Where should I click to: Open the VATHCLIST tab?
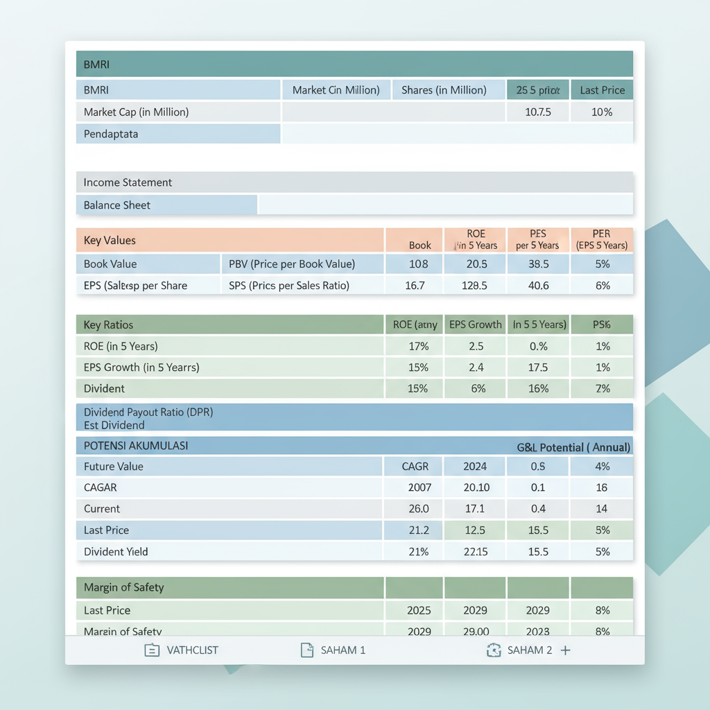(x=182, y=650)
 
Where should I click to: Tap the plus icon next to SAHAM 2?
(x=566, y=650)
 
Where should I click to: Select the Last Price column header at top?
(x=602, y=90)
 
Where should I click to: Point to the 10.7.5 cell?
(x=537, y=112)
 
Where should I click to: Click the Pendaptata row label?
(x=111, y=134)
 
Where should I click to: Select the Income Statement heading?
(x=128, y=182)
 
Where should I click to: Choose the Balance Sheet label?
(x=117, y=205)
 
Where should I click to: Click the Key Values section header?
(x=110, y=241)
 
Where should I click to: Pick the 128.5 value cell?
(x=475, y=285)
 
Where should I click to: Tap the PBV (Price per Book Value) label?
(x=292, y=263)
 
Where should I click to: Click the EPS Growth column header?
(x=475, y=324)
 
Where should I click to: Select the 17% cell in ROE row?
(x=418, y=346)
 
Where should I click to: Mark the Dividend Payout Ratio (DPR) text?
(x=148, y=412)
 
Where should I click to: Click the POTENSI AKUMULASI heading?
(x=136, y=445)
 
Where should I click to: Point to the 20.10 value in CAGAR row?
(x=476, y=487)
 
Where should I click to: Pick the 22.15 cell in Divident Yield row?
(x=475, y=552)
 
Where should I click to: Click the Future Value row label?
(x=114, y=467)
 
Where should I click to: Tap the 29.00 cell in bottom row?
(x=475, y=631)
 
